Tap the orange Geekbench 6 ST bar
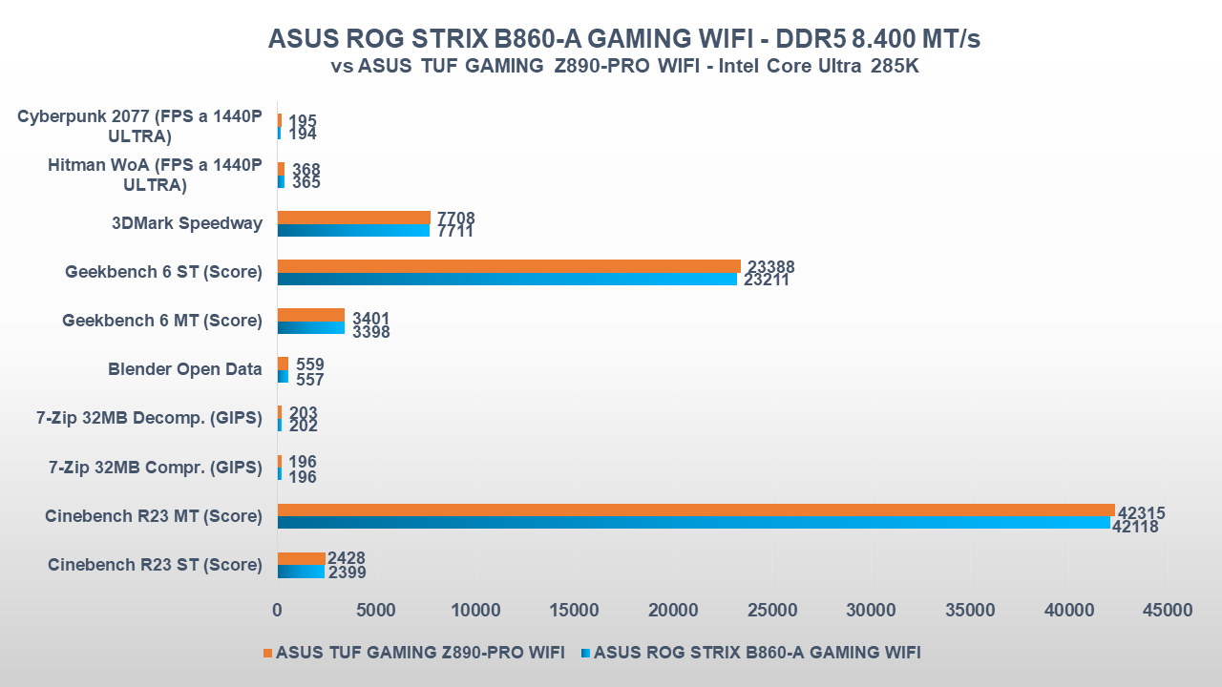[509, 266]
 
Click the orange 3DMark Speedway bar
[353, 218]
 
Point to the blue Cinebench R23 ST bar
[301, 572]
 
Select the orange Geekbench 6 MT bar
[310, 315]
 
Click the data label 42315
[1141, 513]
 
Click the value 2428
[346, 558]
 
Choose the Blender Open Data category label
[185, 369]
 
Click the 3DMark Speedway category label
[187, 223]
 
